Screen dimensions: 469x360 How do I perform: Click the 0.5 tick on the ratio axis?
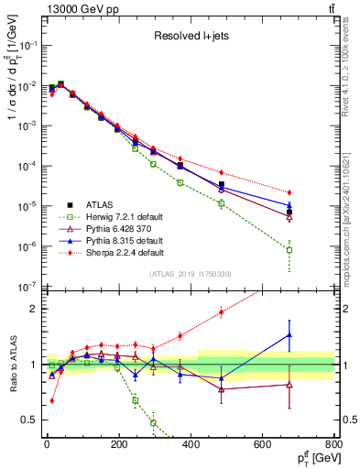tap(32, 420)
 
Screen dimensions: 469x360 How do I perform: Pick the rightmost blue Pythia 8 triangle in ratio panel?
tap(289, 335)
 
